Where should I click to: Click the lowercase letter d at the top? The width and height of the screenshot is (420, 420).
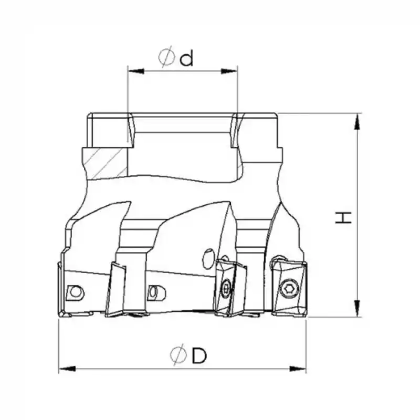(186, 58)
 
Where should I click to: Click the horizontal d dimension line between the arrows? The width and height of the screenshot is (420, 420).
(183, 70)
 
